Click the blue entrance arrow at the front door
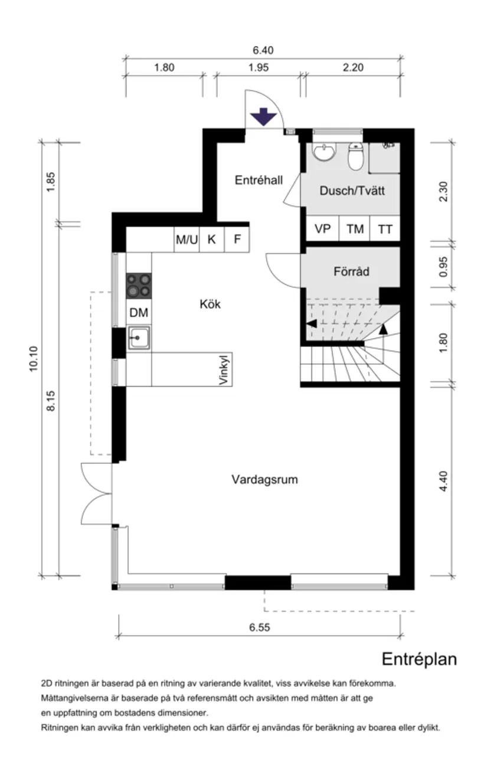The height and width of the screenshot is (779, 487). point(263,117)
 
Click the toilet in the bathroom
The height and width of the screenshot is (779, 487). point(356,157)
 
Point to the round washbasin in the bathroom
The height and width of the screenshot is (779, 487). point(324,153)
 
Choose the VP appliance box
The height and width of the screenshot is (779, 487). point(322,229)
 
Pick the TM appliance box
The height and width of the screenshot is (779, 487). point(355,229)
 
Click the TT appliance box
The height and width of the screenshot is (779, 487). point(385,229)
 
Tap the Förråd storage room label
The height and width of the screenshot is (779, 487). point(351,271)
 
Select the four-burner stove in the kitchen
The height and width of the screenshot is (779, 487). point(139,286)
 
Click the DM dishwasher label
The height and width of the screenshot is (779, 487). point(139,312)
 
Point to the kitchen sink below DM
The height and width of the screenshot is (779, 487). point(139,338)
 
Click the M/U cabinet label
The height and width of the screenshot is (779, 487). point(187,240)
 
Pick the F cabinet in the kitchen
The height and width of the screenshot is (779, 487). point(237,240)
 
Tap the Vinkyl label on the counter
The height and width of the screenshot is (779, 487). point(224,370)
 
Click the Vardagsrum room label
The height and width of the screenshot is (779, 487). point(264,479)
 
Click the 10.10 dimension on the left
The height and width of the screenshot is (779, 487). point(33,358)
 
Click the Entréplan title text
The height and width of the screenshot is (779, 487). point(419,659)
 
